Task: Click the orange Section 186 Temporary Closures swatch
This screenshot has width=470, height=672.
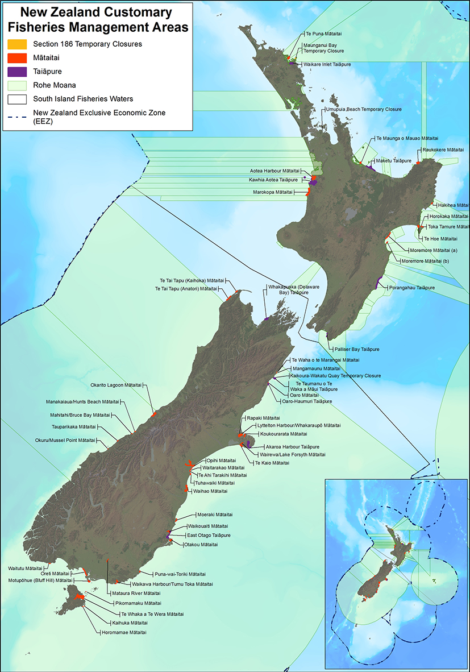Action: pos(17,44)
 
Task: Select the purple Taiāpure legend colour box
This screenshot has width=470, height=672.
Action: pos(17,72)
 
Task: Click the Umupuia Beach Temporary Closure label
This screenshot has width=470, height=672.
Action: pos(364,109)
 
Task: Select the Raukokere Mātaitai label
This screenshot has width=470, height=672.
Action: pos(443,150)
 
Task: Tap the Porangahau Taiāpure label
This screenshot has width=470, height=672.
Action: pos(411,288)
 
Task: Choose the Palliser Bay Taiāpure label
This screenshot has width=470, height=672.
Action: pos(357,349)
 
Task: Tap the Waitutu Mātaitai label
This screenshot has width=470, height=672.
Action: pos(25,568)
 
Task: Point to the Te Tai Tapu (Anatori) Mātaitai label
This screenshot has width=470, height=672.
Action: pos(185,289)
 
